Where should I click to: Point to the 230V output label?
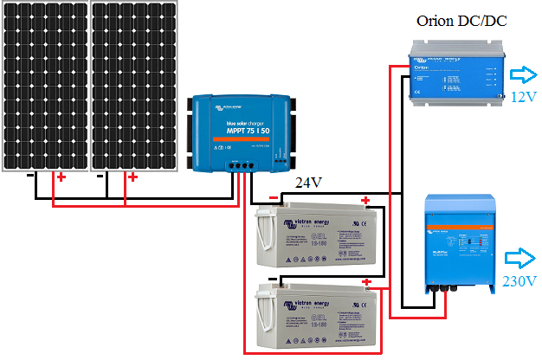520,281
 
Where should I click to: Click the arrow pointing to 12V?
522,75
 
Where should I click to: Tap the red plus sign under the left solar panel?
61,178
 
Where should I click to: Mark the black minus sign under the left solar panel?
32,177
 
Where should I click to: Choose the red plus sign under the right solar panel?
132,178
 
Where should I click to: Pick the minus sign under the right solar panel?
102,177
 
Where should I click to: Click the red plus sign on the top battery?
365,201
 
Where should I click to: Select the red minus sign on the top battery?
274,198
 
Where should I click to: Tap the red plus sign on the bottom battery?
367,282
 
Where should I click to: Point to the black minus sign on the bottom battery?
273,280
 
